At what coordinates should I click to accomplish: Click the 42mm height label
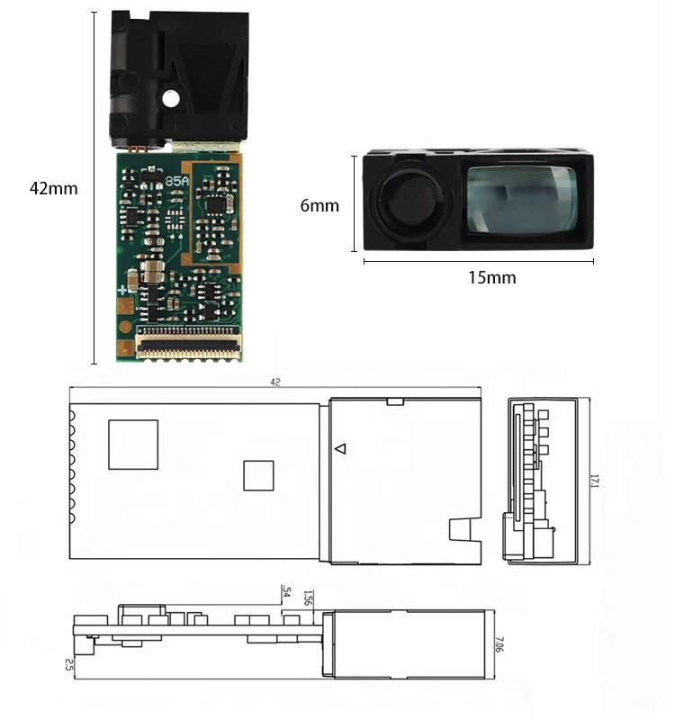click(x=53, y=189)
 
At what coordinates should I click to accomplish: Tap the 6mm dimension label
click(x=319, y=206)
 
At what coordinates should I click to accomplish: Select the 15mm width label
click(x=492, y=277)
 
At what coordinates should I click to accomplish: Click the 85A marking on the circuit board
click(x=177, y=180)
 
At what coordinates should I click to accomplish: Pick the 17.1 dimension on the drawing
click(x=594, y=481)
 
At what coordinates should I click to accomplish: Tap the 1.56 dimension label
click(x=308, y=598)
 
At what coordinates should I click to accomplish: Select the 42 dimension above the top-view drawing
click(x=275, y=382)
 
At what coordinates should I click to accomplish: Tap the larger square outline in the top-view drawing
click(x=133, y=445)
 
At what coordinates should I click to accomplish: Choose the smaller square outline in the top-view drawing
click(x=258, y=475)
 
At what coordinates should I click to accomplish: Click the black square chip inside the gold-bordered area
click(x=216, y=204)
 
